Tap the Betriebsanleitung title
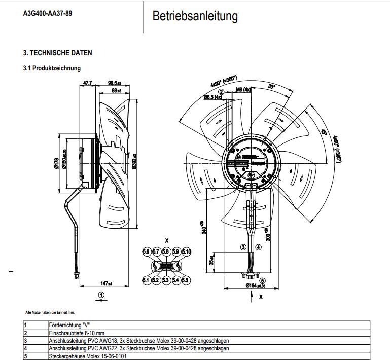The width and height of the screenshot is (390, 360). (195, 16)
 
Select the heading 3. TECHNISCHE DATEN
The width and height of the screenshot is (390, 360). (58, 53)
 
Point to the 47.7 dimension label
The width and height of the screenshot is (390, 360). (88, 83)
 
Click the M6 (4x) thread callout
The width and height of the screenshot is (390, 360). (244, 90)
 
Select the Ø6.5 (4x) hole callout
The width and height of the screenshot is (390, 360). (213, 96)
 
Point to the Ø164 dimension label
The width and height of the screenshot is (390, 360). (257, 286)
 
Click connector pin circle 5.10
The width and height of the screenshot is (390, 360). (186, 252)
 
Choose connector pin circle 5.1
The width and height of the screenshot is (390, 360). (146, 280)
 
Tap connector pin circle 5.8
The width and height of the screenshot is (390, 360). (166, 252)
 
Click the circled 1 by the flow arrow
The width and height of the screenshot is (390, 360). (101, 294)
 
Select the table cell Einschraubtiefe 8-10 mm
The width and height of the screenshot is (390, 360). (76, 333)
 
